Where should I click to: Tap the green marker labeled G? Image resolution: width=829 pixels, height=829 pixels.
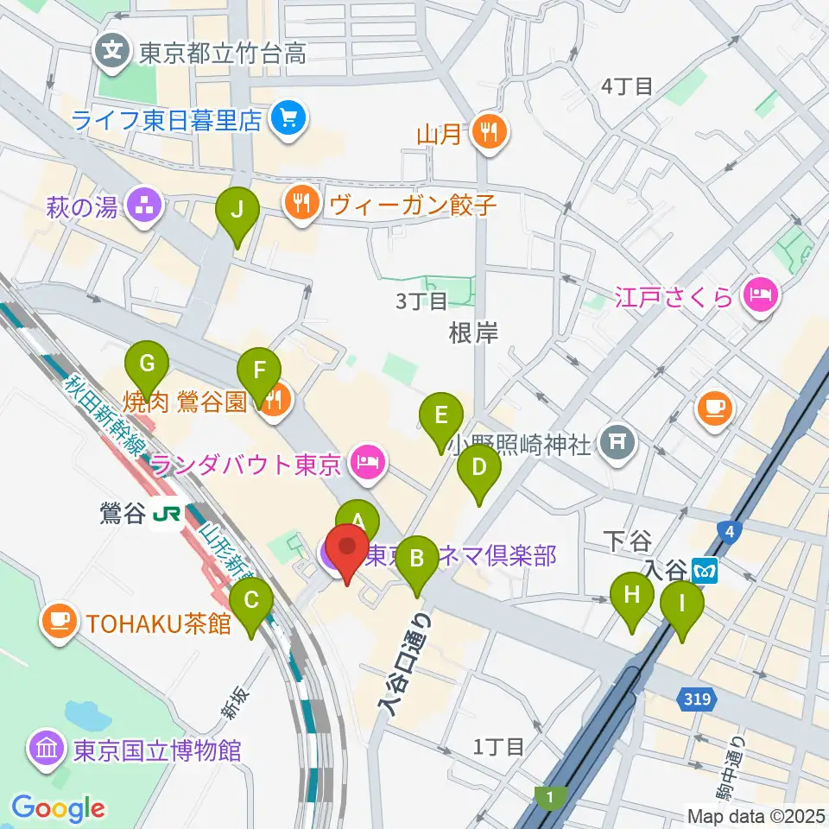147,364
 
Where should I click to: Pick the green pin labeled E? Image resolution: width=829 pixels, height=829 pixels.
441,415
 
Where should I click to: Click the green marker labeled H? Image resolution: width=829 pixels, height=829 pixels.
632,594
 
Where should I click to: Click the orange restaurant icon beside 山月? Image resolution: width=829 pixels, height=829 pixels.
490,132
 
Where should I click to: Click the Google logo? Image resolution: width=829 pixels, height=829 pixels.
58,808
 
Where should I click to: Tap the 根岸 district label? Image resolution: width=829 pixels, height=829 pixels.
473,333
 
